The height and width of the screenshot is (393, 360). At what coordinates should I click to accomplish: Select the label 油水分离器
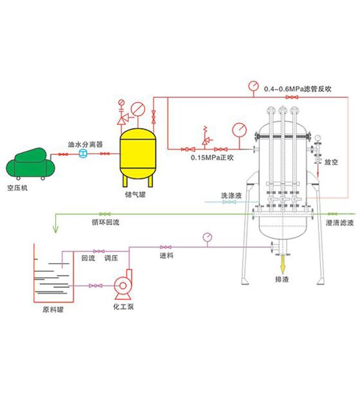pyautogui.click(x=84, y=145)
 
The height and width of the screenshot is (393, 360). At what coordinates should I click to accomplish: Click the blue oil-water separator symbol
pyautogui.click(x=83, y=155)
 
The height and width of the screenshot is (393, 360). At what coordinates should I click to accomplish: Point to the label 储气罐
pyautogui.click(x=137, y=194)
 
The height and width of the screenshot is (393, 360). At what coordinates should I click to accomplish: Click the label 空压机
pyautogui.click(x=23, y=187)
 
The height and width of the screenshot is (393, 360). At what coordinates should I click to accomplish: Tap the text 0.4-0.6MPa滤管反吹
pyautogui.click(x=298, y=89)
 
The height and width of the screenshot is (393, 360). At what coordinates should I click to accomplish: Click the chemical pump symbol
pyautogui.click(x=125, y=286)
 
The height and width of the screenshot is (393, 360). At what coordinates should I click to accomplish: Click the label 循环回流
pyautogui.click(x=106, y=222)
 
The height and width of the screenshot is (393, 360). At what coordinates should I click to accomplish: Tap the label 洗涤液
pyautogui.click(x=230, y=196)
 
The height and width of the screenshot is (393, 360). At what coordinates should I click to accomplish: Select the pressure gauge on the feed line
pyautogui.click(x=208, y=236)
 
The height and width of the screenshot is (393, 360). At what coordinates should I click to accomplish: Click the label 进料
pyautogui.click(x=166, y=256)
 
